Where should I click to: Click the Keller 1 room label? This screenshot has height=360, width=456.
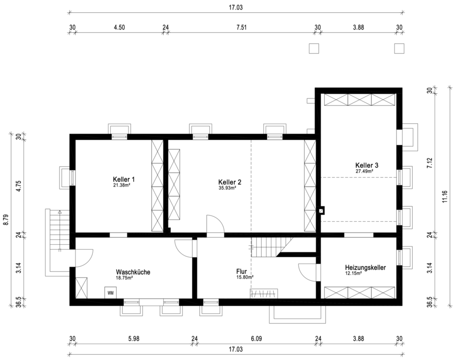pyautogui.click(x=123, y=179)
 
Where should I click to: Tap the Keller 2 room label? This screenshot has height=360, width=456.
pyautogui.click(x=230, y=182)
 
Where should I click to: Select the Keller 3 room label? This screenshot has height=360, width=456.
pyautogui.click(x=367, y=165)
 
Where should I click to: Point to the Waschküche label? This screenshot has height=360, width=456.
pyautogui.click(x=133, y=272)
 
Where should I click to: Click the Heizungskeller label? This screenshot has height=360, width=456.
pyautogui.click(x=365, y=267)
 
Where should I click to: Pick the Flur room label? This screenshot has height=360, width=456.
pyautogui.click(x=242, y=272)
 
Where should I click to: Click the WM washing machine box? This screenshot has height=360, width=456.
pyautogui.click(x=111, y=292)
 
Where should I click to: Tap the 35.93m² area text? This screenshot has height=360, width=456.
pyautogui.click(x=227, y=188)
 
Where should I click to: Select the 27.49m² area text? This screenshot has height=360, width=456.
pyautogui.click(x=365, y=171)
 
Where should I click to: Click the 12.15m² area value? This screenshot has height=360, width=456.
pyautogui.click(x=354, y=273)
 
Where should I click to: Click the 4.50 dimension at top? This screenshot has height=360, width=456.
pyautogui.click(x=119, y=28)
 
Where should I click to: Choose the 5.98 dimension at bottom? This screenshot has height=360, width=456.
pyautogui.click(x=134, y=339)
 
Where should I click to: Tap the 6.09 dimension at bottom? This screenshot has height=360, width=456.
pyautogui.click(x=257, y=339)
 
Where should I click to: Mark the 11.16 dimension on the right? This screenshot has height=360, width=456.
pyautogui.click(x=444, y=196)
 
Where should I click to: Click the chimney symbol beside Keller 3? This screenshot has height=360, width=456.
pyautogui.click(x=321, y=210)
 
